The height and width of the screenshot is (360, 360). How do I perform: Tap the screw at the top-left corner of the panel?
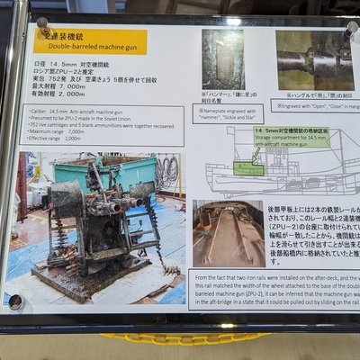(x=41, y=22)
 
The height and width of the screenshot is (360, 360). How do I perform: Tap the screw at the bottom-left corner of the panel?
(x=16, y=301)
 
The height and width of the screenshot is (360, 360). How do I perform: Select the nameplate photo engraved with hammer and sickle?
(x=222, y=59)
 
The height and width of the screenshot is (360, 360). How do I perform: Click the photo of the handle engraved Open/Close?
(x=313, y=61)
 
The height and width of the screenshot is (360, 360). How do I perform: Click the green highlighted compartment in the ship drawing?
(x=248, y=167)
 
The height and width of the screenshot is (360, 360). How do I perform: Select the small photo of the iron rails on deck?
(x=228, y=233)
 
